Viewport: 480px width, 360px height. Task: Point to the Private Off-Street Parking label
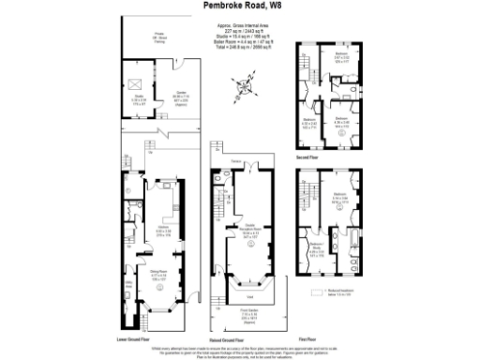(147, 38)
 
